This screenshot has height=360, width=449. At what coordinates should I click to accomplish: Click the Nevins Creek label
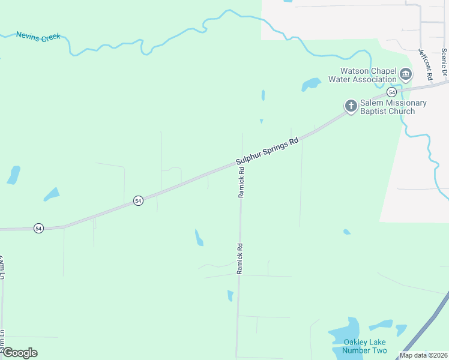tap(38, 36)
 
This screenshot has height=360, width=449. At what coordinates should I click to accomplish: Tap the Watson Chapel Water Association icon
tap(406, 74)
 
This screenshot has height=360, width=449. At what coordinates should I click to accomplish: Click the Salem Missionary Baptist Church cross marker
tap(351, 106)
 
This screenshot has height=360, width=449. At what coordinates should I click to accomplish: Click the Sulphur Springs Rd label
tap(267, 152)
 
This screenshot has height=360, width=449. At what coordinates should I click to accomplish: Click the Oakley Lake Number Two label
tap(365, 346)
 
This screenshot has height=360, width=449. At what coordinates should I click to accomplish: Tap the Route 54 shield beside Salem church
tap(391, 92)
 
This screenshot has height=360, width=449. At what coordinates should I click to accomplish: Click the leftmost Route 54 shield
tap(38, 228)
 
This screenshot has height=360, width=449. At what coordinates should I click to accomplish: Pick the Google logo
tap(20, 352)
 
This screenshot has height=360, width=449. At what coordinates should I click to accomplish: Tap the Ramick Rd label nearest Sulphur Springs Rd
tap(241, 182)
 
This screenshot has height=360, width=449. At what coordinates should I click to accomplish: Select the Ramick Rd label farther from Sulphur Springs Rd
tap(239, 258)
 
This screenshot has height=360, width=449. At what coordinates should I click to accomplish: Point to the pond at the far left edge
tap(13, 175)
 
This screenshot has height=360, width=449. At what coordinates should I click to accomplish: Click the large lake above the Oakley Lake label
tap(345, 332)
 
